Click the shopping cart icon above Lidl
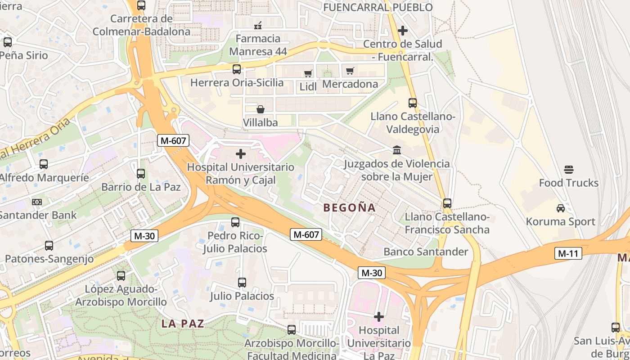coord(308,73)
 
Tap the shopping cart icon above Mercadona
coord(350,71)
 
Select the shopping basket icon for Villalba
coord(260,109)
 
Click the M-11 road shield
coord(567,253)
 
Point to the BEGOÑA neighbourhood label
coord(349,207)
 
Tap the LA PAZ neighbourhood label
coord(182,323)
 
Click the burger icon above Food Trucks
coord(569,170)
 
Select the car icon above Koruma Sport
coord(560,208)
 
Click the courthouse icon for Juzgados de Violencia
coord(397,150)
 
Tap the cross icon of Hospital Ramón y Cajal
coord(241,154)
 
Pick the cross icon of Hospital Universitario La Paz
coord(379,317)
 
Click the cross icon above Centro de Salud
coord(403,31)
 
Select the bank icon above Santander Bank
coord(37,202)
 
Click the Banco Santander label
coord(426,252)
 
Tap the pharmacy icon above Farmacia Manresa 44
coord(258,25)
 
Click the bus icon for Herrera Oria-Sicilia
coord(237,69)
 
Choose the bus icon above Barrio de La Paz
coord(141,173)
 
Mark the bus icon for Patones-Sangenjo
coord(49,246)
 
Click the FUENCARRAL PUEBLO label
coord(378,7)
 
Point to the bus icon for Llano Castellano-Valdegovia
coord(413,103)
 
